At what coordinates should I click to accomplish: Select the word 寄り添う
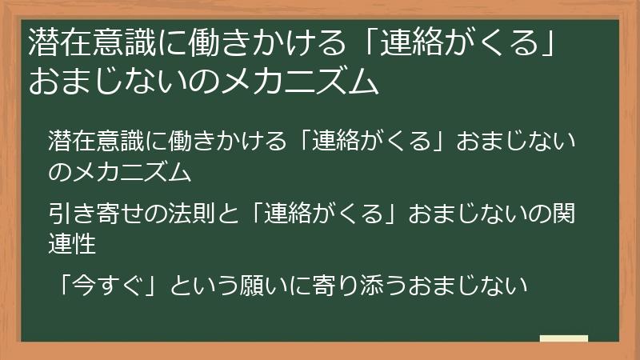point(380,285)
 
